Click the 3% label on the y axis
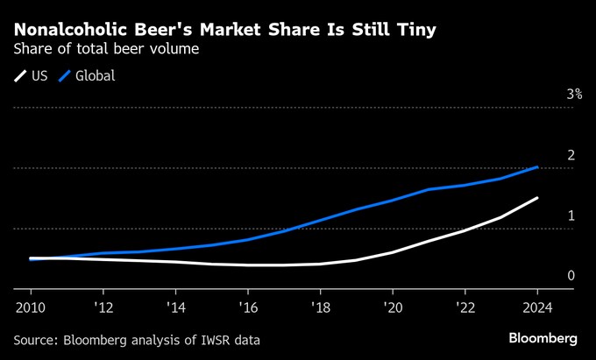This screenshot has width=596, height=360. pyautogui.click(x=574, y=94)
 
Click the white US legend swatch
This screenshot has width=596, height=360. pyautogui.click(x=19, y=76)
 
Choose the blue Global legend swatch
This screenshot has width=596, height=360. pyautogui.click(x=64, y=76)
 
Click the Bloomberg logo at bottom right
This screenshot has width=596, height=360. pyautogui.click(x=543, y=338)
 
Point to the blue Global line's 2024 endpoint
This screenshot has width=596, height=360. pyautogui.click(x=537, y=166)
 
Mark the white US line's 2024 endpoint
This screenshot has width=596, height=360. pyautogui.click(x=537, y=198)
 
